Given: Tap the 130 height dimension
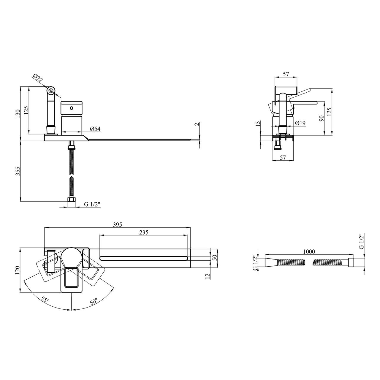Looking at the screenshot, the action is coord(18,114).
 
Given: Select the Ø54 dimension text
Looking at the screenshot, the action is coord(95,129).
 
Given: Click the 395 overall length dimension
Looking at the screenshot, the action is coord(118,224).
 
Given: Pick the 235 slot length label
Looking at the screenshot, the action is coord(144,232).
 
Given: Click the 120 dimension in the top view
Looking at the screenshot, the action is coord(18,270).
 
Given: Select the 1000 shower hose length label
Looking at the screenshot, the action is coord(309,252).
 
